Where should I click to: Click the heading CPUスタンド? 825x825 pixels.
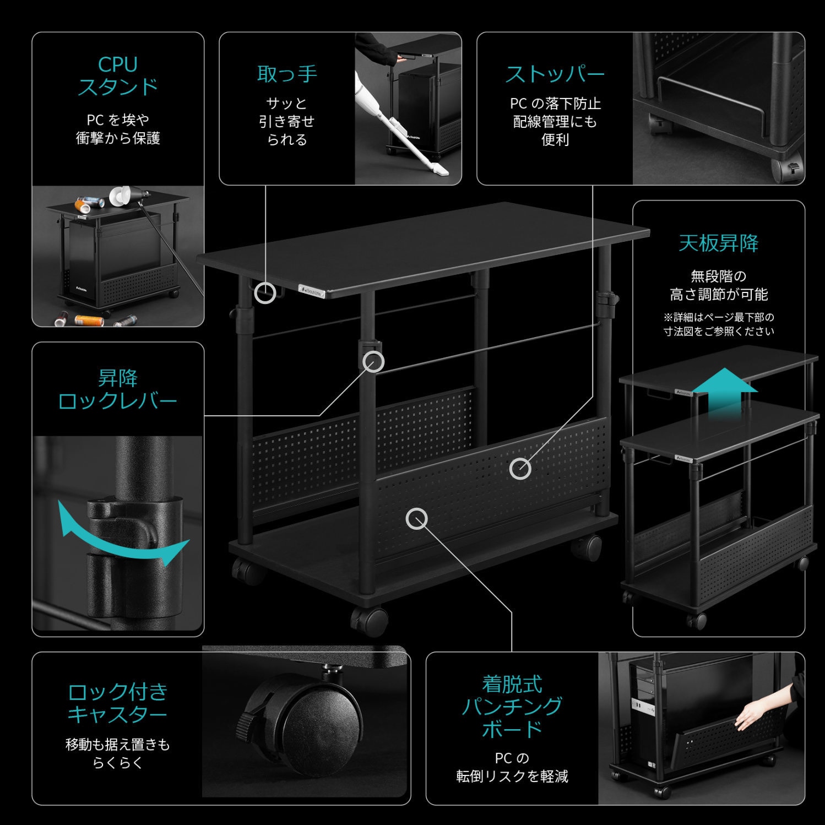(x=118, y=76)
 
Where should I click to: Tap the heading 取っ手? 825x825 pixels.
(x=287, y=74)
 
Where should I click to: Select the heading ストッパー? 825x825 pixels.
(x=555, y=74)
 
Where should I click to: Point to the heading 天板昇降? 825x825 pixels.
(x=719, y=243)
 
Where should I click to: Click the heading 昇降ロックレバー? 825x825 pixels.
(x=118, y=389)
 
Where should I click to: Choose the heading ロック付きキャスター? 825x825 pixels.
(x=118, y=703)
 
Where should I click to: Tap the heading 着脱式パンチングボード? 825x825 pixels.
(x=512, y=707)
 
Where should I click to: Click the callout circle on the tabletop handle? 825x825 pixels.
(x=265, y=293)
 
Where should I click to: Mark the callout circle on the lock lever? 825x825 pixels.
(x=373, y=361)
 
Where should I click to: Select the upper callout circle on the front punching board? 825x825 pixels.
(x=520, y=469)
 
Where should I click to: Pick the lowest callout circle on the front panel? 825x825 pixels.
(x=417, y=519)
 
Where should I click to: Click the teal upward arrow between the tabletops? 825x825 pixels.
(x=725, y=388)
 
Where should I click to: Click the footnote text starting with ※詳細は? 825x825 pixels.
(x=719, y=324)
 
